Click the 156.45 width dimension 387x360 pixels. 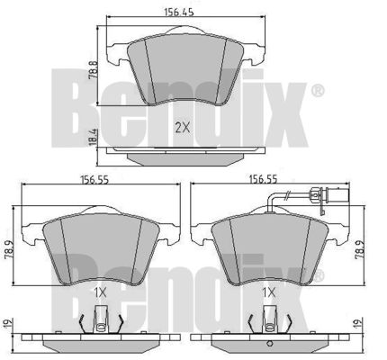[179, 12]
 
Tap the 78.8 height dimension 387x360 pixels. [93, 70]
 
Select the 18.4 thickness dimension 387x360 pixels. [93, 137]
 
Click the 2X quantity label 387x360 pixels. [183, 129]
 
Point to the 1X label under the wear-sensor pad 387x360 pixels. [269, 292]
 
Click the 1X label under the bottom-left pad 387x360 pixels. [100, 292]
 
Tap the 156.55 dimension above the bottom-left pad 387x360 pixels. [94, 180]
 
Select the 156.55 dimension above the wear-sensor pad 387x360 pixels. [264, 179]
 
